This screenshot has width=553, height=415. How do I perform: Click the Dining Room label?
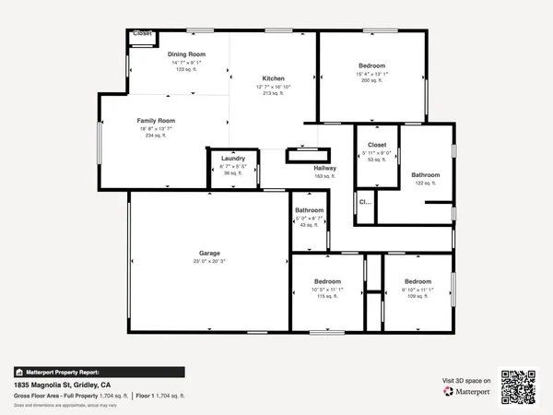pyautogui.click(x=186, y=54)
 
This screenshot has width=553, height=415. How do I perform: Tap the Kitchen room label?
pyautogui.click(x=273, y=78)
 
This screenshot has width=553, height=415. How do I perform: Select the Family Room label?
pyautogui.click(x=156, y=121)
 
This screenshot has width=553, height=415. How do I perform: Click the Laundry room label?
pyautogui.click(x=232, y=159)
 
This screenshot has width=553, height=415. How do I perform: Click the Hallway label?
pyautogui.click(x=325, y=168)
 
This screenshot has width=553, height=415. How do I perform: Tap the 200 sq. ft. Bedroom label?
pyautogui.click(x=373, y=66)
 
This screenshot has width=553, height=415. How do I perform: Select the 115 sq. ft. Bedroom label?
pyautogui.click(x=328, y=281)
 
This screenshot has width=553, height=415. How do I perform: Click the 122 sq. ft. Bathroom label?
pyautogui.click(x=426, y=175)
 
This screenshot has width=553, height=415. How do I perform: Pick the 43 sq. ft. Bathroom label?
pyautogui.click(x=309, y=210)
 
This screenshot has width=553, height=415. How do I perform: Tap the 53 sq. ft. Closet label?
pyautogui.click(x=376, y=146)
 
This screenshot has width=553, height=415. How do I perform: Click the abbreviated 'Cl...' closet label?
pyautogui.click(x=364, y=202)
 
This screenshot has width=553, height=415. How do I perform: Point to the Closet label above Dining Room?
pyautogui.click(x=143, y=33)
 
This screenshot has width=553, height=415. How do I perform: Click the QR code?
pyautogui.click(x=518, y=387)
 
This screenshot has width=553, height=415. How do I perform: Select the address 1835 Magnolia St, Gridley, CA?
pyautogui.click(x=62, y=384)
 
